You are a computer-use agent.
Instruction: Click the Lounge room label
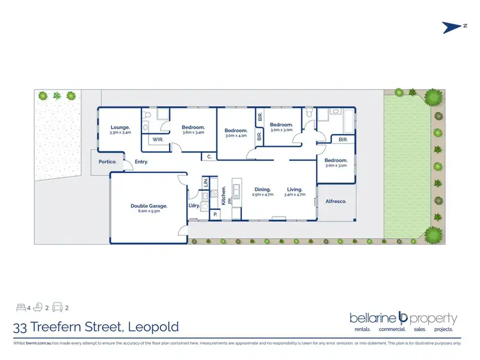click(120, 127)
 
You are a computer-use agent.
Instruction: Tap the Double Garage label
click(148, 206)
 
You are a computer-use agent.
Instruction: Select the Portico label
click(107, 162)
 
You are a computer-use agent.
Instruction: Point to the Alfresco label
click(336, 201)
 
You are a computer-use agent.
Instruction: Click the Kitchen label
click(223, 195)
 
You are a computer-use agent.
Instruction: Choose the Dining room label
click(262, 189)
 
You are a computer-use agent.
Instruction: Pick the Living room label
click(294, 189)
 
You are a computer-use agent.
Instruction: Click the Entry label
click(141, 162)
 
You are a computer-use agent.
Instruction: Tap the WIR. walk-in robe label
click(158, 139)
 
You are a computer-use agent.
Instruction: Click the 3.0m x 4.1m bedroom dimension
click(236, 136)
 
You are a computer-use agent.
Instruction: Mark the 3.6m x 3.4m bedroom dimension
click(193, 133)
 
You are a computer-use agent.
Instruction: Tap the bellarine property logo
click(403, 318)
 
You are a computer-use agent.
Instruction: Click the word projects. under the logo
click(442, 329)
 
